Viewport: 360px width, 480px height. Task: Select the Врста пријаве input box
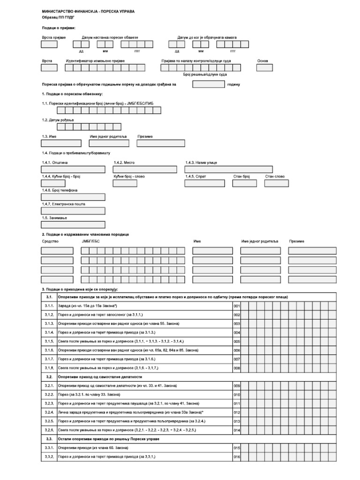[x=49, y=45]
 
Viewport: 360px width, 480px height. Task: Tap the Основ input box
[x=265, y=67]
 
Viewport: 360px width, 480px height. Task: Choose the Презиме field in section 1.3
[x=160, y=143]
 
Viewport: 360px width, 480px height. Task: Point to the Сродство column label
[x=50, y=241]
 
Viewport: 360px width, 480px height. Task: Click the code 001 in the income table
[x=237, y=306]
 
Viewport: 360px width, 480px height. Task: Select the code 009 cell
[x=237, y=386]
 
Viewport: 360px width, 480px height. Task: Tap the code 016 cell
[x=237, y=457]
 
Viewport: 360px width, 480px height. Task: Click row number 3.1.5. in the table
[x=49, y=341]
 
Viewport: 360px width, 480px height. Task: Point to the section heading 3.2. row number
[x=49, y=376]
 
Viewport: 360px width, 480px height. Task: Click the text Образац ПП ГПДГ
[x=59, y=17]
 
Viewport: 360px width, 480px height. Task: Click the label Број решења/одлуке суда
[x=205, y=75]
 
